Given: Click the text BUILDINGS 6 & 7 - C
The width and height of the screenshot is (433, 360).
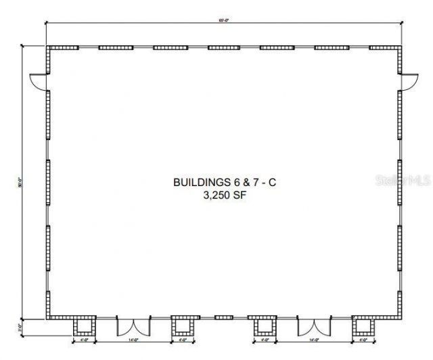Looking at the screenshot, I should pyautogui.click(x=223, y=182).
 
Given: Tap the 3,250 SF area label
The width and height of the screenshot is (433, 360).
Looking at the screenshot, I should pyautogui.click(x=224, y=196).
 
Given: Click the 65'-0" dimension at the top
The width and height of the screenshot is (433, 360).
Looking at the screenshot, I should pyautogui.click(x=223, y=21).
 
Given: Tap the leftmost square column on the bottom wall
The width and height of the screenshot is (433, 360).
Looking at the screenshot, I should pyautogui.click(x=84, y=328).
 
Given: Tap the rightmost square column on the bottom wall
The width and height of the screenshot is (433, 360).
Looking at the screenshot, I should pyautogui.click(x=363, y=328).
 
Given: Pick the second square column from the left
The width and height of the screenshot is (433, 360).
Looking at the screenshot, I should pyautogui.click(x=181, y=328).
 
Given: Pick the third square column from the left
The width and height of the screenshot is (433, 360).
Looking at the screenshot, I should pyautogui.click(x=265, y=328).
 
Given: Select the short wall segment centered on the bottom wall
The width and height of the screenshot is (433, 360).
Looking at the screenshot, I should pyautogui.click(x=223, y=317).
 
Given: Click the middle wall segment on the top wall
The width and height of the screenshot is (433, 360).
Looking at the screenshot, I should pyautogui.click(x=223, y=48).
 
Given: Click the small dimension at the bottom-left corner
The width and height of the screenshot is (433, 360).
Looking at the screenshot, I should pyautogui.click(x=21, y=326).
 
